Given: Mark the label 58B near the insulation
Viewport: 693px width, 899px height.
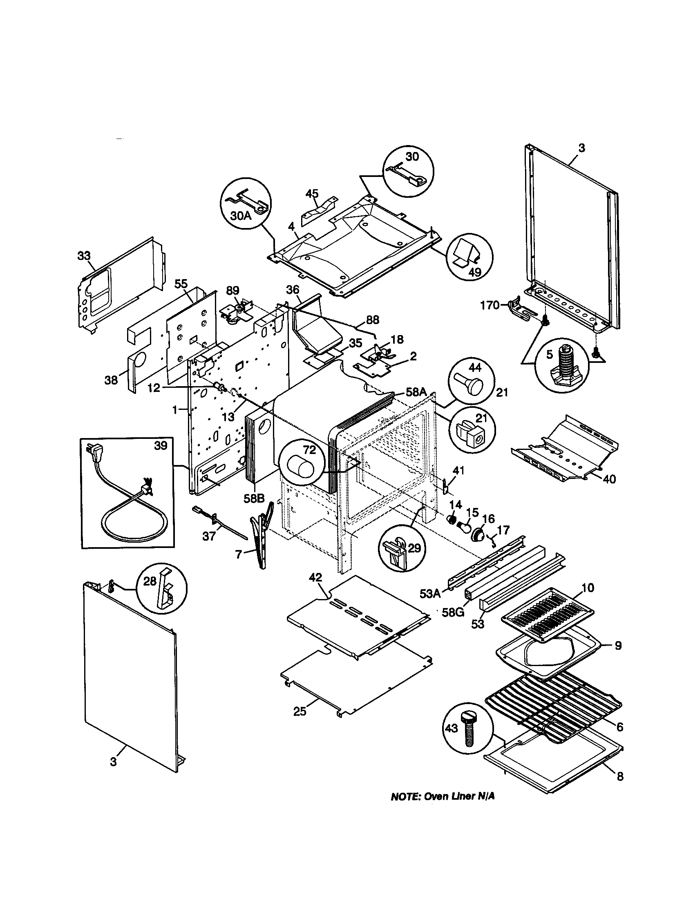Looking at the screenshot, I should (x=254, y=498).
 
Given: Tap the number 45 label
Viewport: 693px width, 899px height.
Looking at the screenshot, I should (x=312, y=193).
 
